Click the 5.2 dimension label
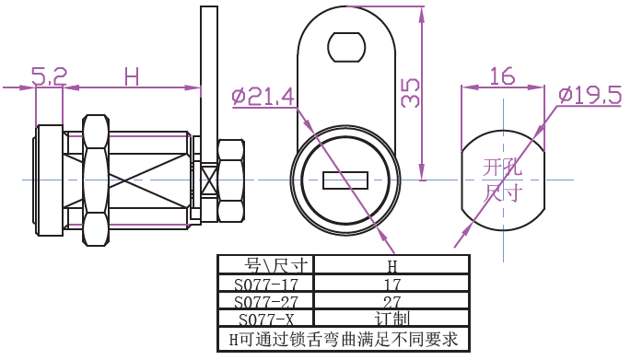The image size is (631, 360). click(x=49, y=76)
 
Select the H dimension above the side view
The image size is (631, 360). click(x=132, y=76)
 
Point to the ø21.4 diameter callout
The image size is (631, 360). click(x=263, y=97)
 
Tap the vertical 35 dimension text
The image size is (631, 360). click(x=411, y=93)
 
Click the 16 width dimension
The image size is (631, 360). click(x=502, y=76)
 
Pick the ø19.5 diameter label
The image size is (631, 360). click(x=590, y=96)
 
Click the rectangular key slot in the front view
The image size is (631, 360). click(x=345, y=180)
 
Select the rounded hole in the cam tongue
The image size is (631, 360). click(x=346, y=47)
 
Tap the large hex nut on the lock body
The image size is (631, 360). click(x=96, y=180)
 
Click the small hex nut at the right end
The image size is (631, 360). click(x=231, y=180)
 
